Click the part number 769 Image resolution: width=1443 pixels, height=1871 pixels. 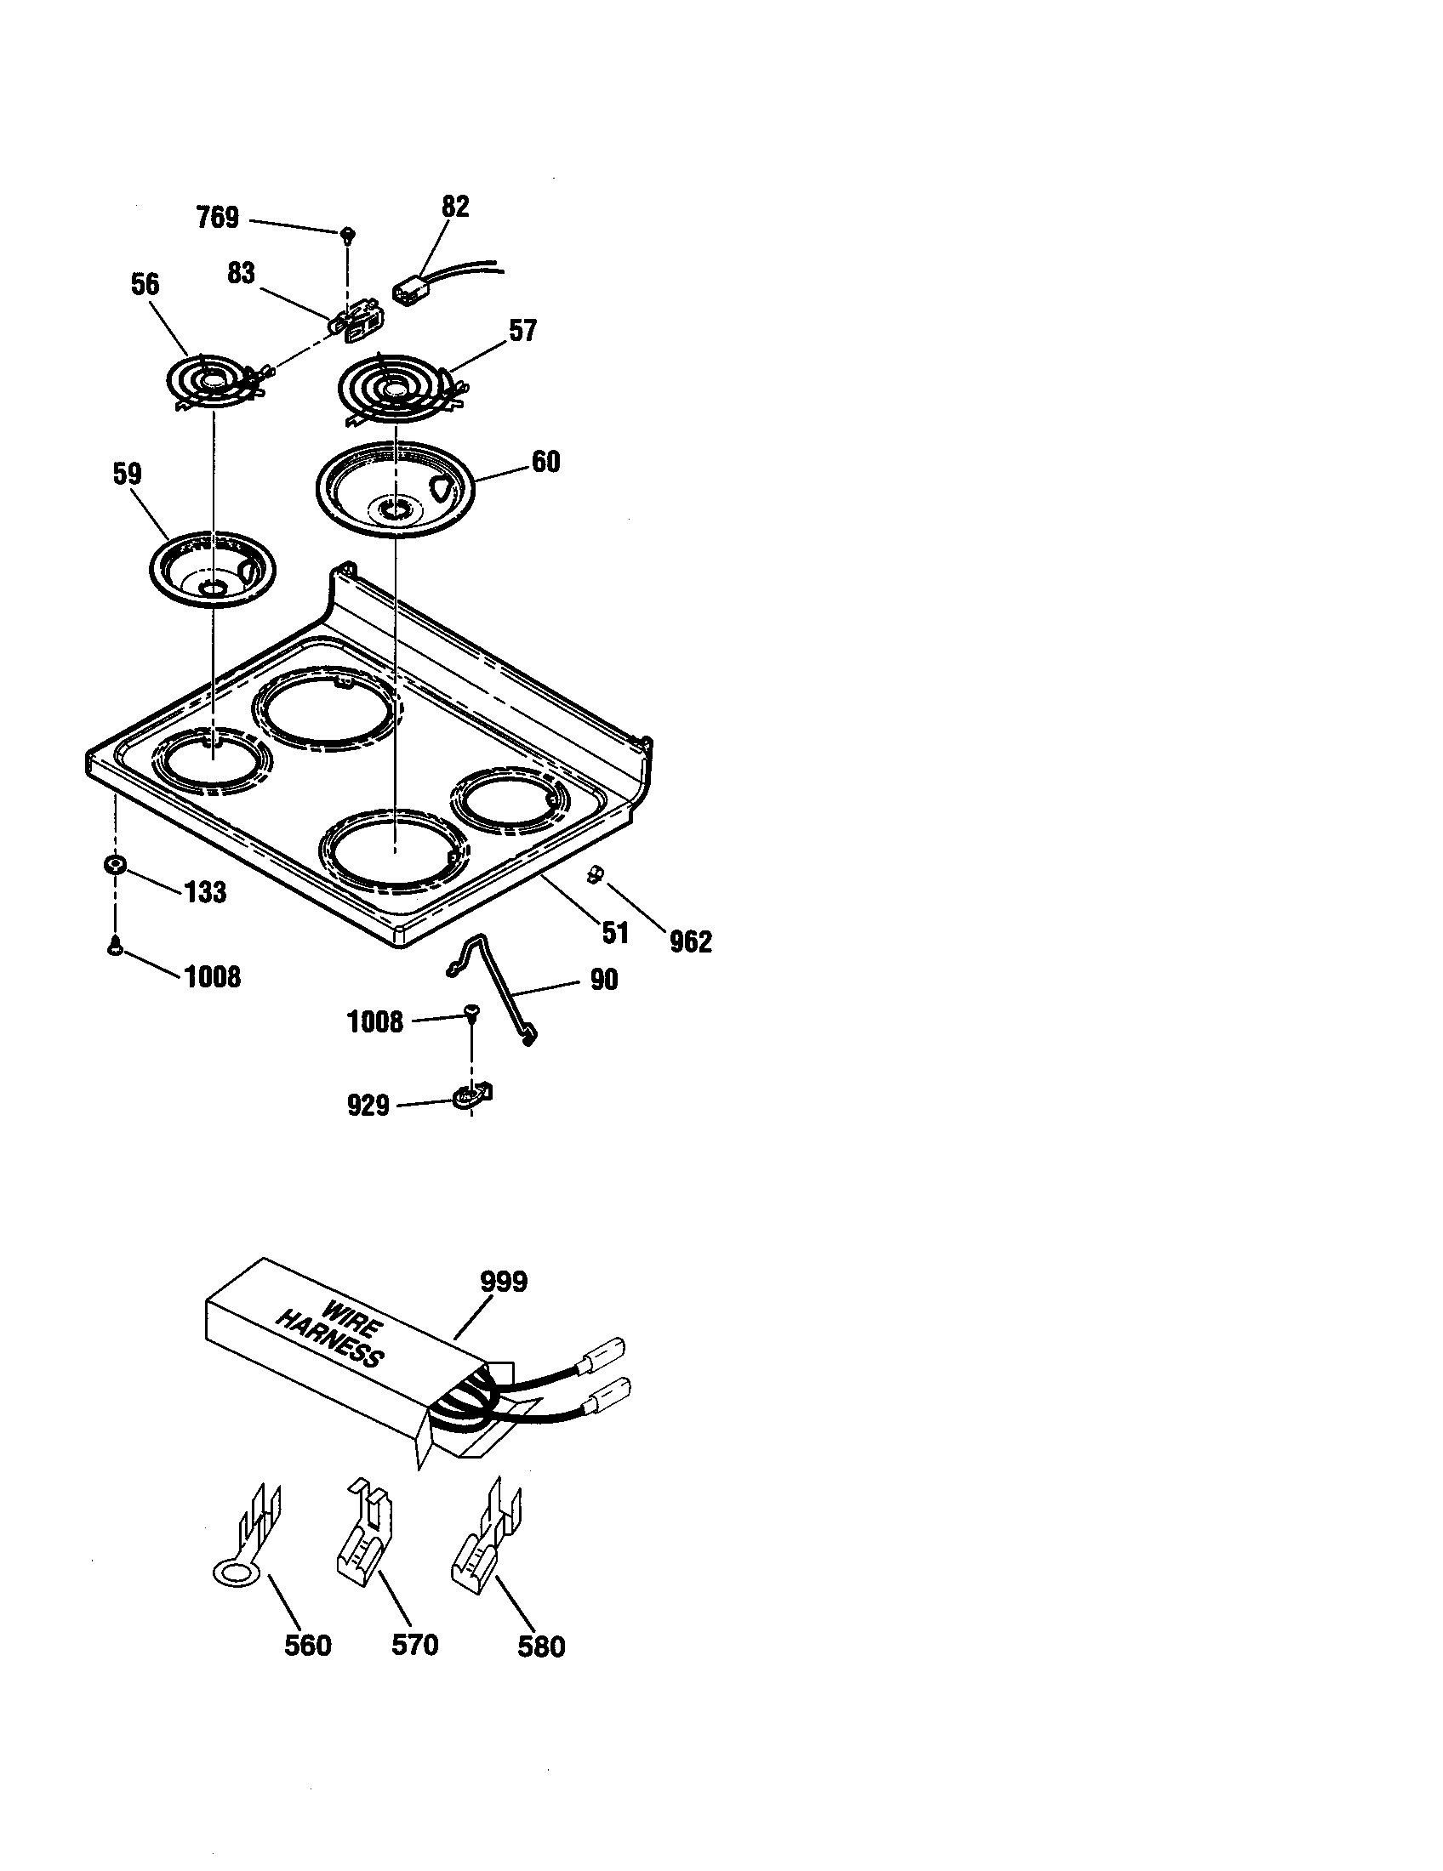[218, 218]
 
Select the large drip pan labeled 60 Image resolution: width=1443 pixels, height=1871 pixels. [395, 490]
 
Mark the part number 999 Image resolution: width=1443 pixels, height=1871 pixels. [503, 1282]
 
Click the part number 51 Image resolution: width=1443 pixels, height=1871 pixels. [615, 934]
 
